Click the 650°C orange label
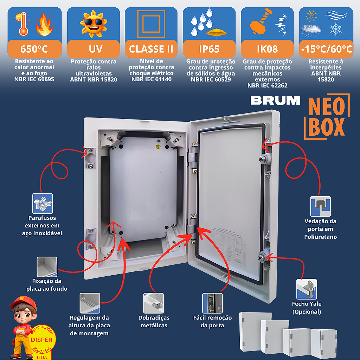point(34,49)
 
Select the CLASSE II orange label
point(151,49)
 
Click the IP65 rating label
point(209,49)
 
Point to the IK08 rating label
point(267,49)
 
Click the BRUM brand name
point(275,101)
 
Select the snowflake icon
point(336,29)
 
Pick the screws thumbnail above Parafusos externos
point(43,204)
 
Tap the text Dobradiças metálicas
point(154,321)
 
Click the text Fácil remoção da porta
point(212,321)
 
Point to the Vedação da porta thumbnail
point(321,206)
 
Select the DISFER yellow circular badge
point(41,340)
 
